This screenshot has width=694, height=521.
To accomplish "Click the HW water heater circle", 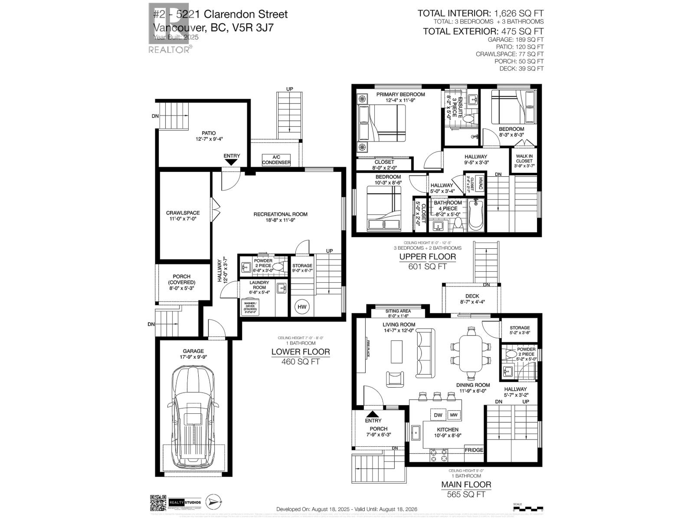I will pyautogui.click(x=302, y=307).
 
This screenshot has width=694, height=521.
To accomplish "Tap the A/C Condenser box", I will pyautogui.click(x=276, y=160).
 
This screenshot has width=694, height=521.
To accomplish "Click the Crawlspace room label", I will pyautogui.click(x=183, y=216).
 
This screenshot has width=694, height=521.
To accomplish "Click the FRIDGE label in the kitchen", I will pyautogui.click(x=474, y=450).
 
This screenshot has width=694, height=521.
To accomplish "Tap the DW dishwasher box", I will pyautogui.click(x=438, y=415).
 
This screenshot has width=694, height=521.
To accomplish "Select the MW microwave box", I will pyautogui.click(x=454, y=415).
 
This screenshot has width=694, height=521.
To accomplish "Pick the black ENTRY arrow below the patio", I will pyautogui.click(x=231, y=162).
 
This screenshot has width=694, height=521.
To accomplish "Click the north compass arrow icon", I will pyautogui.click(x=213, y=502).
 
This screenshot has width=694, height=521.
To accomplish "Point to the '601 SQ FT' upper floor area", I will pyautogui.click(x=427, y=267).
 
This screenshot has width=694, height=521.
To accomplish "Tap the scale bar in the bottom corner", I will pyautogui.click(x=527, y=507).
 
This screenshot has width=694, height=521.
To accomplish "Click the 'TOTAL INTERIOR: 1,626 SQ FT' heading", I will pyautogui.click(x=480, y=13).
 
